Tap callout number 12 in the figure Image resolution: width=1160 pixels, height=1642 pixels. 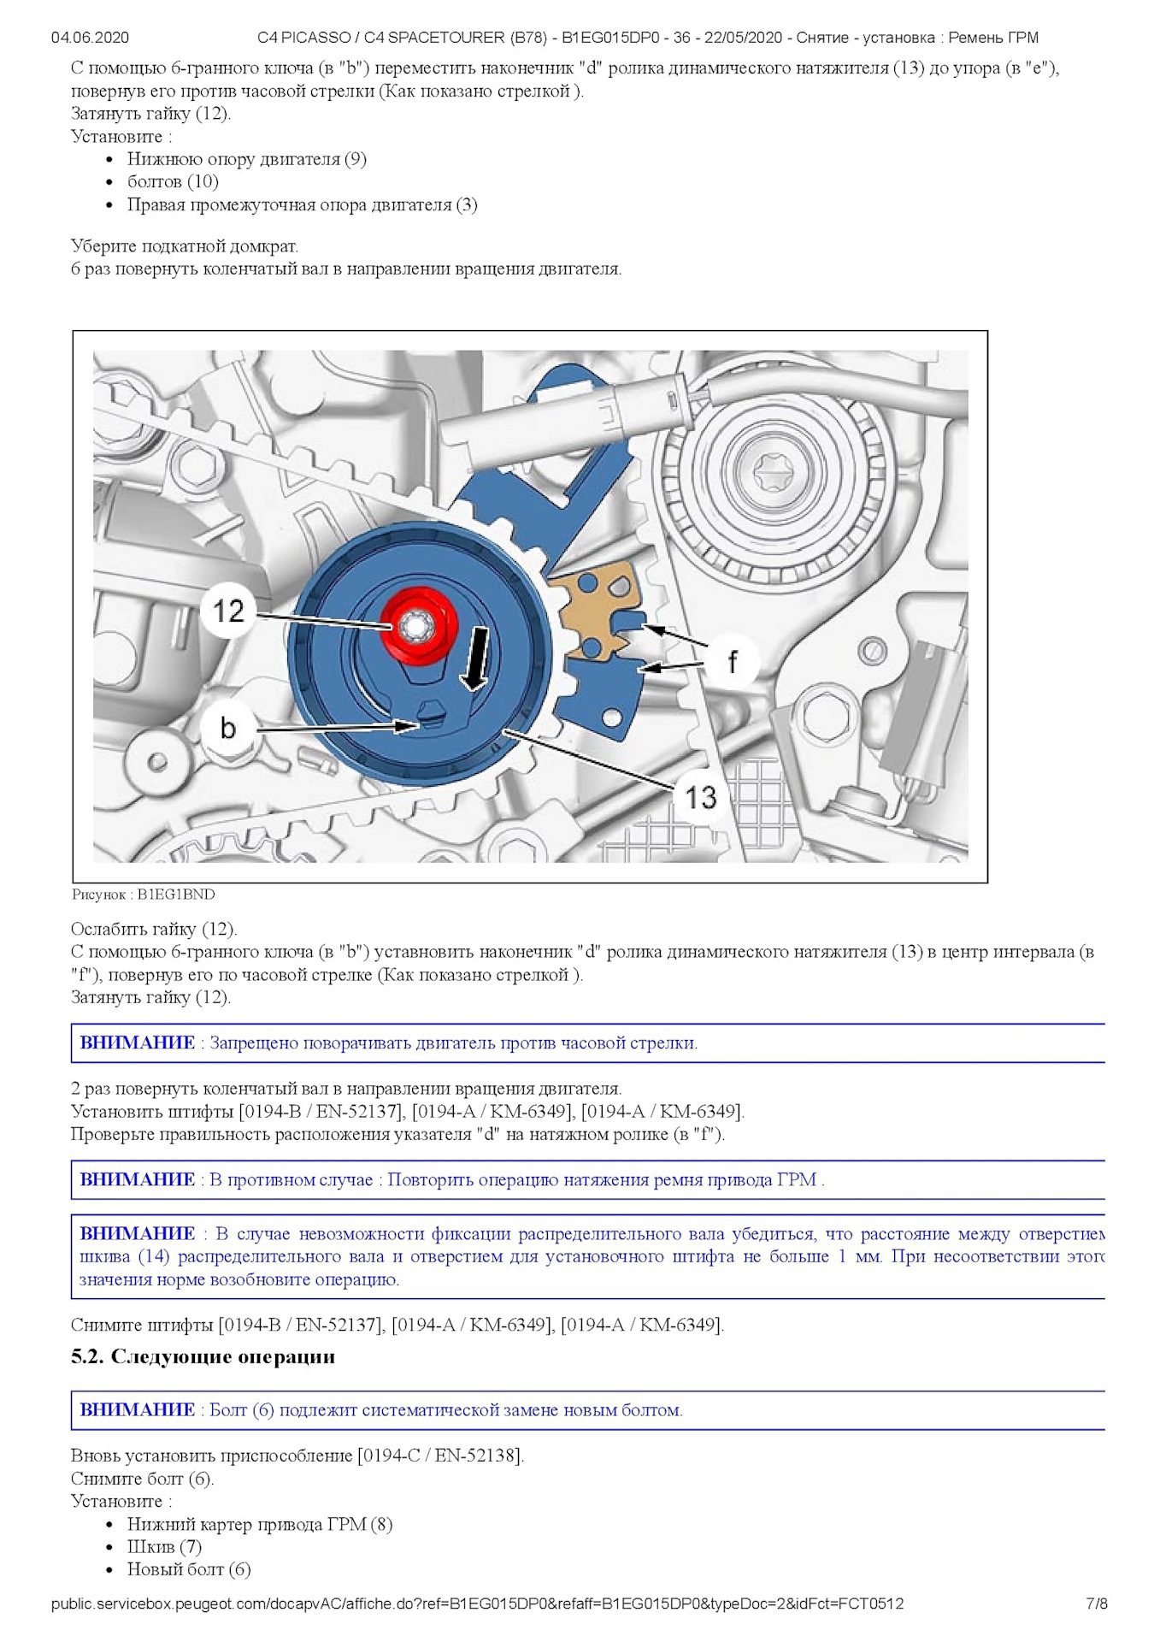(x=229, y=611)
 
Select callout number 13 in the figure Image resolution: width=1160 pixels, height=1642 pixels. (x=701, y=797)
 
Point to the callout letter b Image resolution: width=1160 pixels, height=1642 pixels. (x=227, y=728)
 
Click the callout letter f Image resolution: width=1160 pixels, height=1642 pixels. (x=732, y=661)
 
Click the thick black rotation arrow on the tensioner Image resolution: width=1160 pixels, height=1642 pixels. (x=477, y=659)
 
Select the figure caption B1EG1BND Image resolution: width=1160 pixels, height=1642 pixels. (x=144, y=895)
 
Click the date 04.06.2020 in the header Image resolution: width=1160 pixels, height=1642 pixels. (x=90, y=38)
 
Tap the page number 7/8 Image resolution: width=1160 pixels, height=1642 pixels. (x=1096, y=1604)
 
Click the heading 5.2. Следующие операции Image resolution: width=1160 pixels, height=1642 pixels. (x=203, y=1357)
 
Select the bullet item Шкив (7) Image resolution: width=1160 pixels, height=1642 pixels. (x=164, y=1546)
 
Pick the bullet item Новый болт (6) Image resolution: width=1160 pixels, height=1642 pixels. (x=189, y=1569)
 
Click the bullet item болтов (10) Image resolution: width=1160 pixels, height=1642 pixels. (x=173, y=181)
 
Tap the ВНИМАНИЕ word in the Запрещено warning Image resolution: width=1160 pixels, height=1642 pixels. (x=137, y=1042)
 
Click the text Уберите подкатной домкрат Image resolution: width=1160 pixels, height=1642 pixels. (x=185, y=246)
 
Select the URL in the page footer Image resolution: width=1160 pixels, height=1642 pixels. (x=477, y=1604)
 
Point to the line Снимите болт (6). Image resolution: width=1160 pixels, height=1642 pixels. (x=142, y=1479)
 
